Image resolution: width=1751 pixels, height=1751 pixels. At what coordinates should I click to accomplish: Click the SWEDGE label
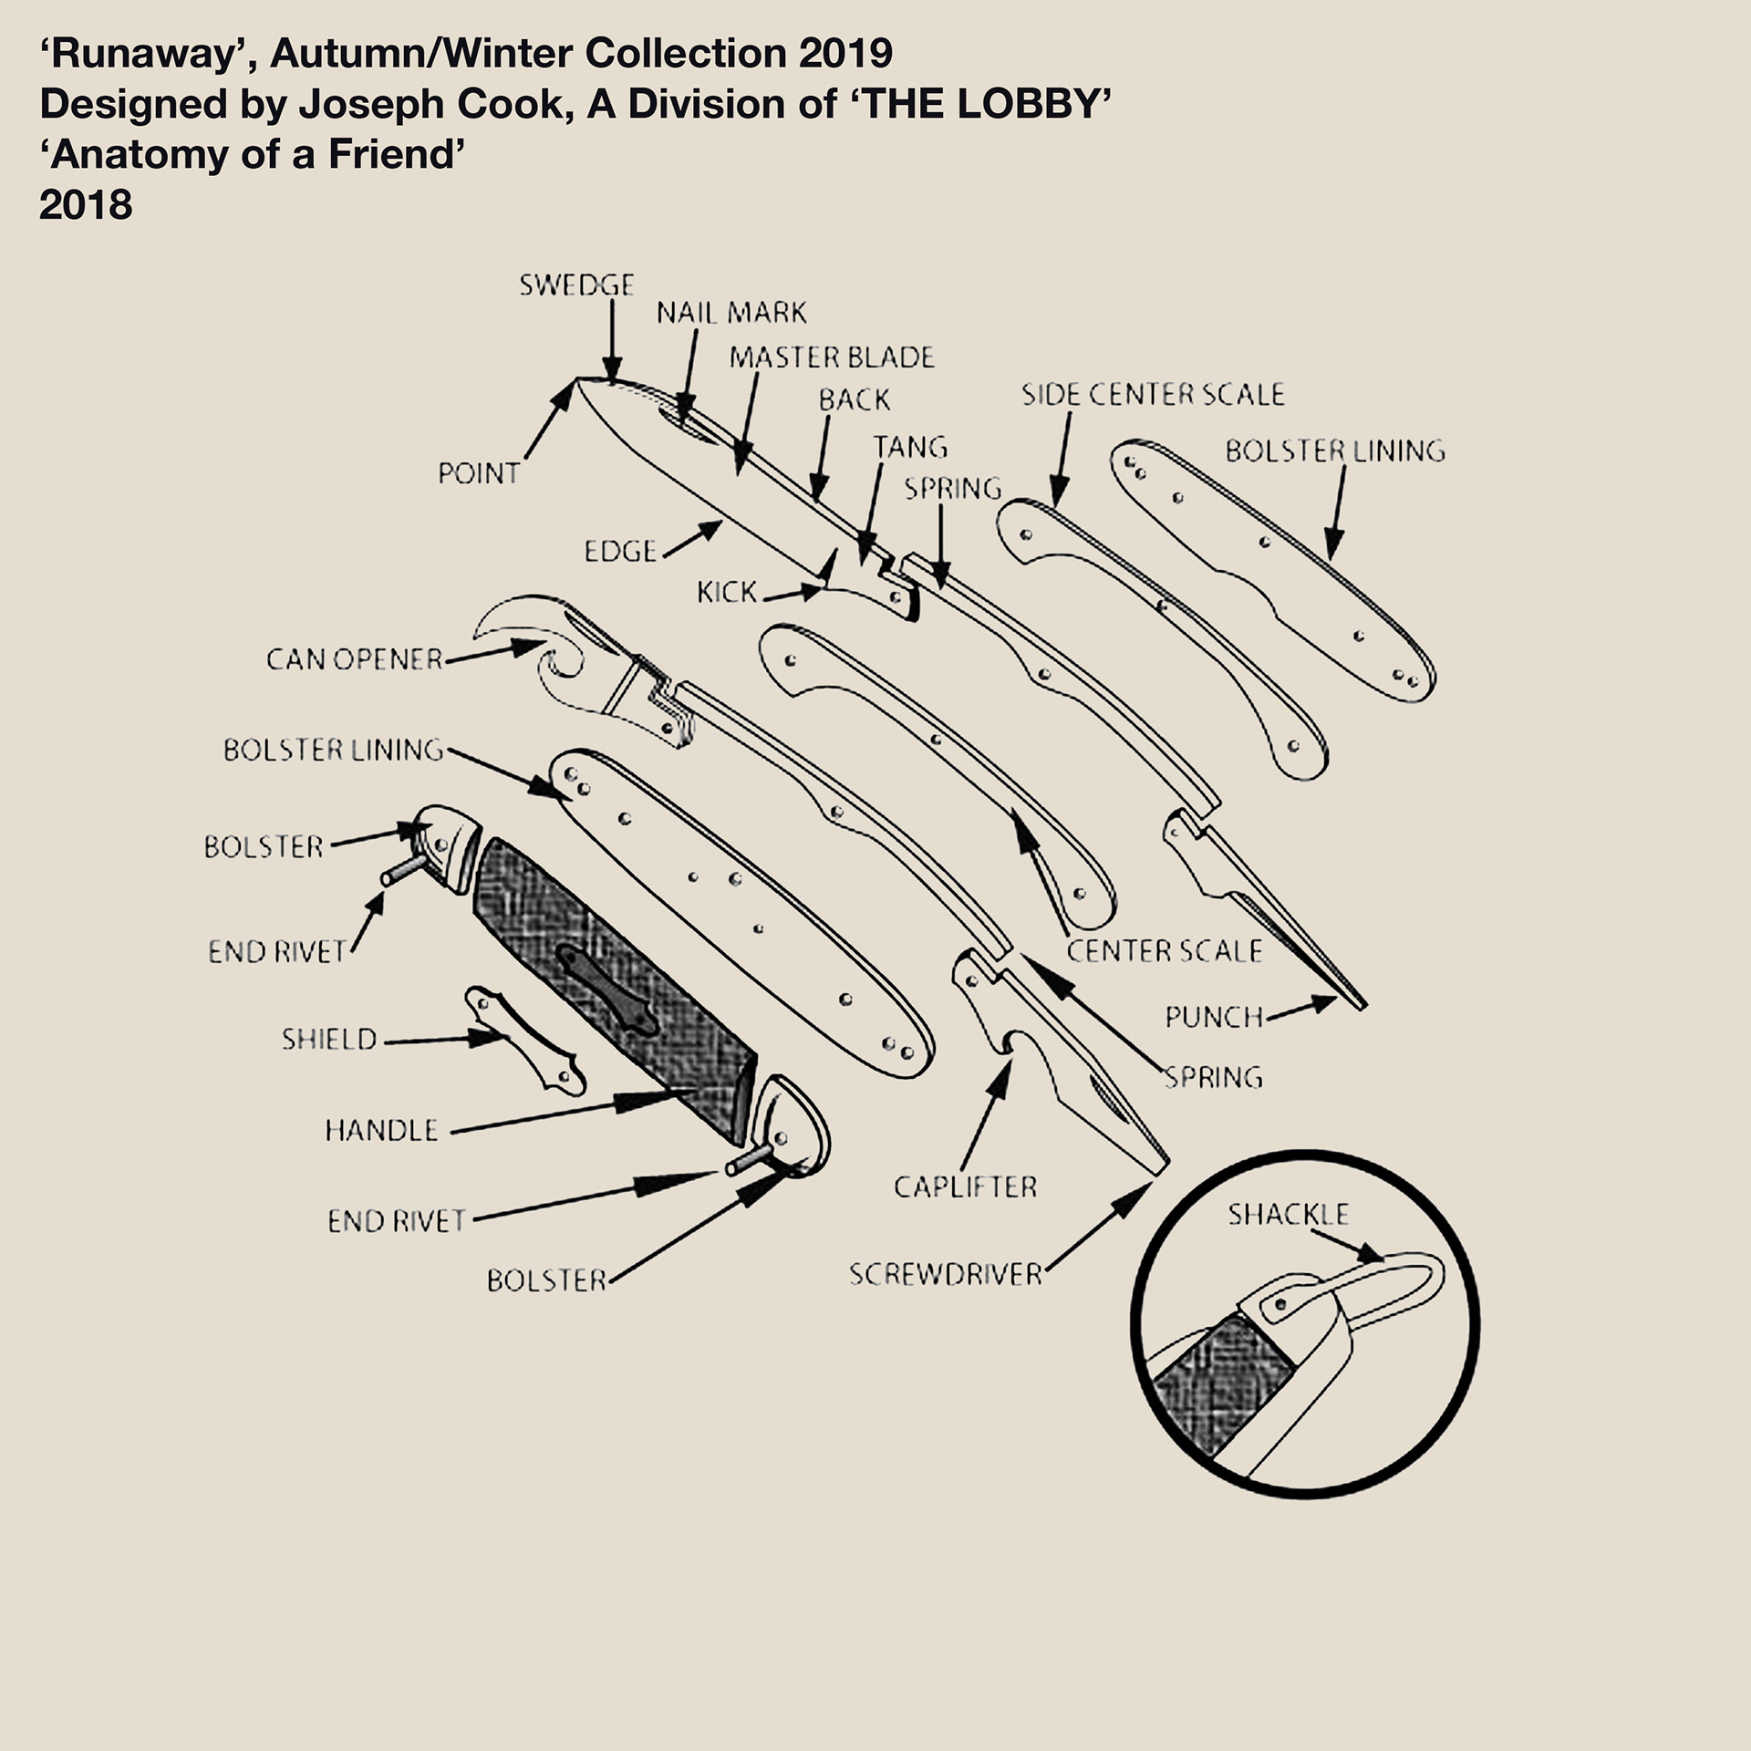click(x=576, y=285)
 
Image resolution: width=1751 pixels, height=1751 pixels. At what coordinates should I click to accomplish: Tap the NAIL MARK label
click(x=731, y=314)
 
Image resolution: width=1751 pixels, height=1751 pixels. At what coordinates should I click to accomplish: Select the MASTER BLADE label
click(x=832, y=357)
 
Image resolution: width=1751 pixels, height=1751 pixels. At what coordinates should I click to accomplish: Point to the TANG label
click(x=910, y=447)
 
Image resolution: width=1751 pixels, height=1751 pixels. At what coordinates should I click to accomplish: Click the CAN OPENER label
click(x=354, y=659)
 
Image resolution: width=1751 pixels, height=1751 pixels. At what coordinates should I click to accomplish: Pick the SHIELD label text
click(x=328, y=1040)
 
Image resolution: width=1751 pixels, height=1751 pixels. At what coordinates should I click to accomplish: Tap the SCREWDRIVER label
click(x=945, y=1274)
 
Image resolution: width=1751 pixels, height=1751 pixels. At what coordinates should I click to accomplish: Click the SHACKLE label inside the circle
click(x=1288, y=1215)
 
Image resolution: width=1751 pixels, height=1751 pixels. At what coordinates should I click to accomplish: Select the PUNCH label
click(x=1214, y=1017)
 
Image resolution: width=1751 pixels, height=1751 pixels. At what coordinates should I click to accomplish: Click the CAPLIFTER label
click(x=965, y=1187)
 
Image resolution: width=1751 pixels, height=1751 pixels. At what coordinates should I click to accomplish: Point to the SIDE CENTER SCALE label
click(x=1153, y=395)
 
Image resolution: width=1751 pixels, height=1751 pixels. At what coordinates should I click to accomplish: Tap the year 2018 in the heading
click(x=86, y=205)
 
